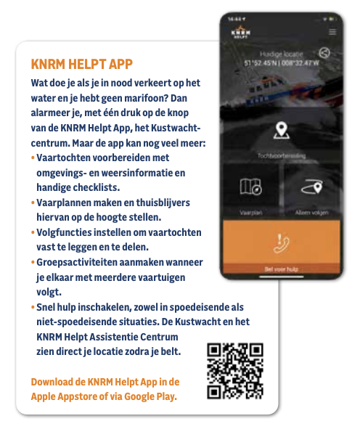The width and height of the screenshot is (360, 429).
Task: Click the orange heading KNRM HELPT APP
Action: click(81, 63)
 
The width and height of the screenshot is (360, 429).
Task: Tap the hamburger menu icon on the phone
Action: click(332, 32)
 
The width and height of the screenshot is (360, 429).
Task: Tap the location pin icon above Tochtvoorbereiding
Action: click(280, 132)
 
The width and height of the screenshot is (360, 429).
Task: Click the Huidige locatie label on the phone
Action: click(280, 54)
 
